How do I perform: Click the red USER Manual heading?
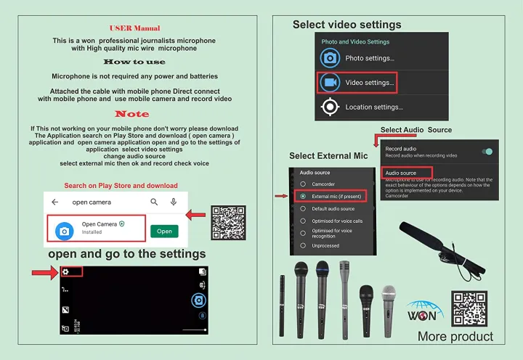coord(134,28)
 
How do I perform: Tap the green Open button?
coord(164,232)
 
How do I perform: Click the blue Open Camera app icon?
coord(65,230)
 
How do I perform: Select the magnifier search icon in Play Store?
coord(154,202)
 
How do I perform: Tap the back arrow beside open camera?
coord(55,202)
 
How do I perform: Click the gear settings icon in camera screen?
coord(65,271)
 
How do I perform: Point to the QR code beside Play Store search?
coord(228,222)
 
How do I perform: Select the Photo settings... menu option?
coord(369,58)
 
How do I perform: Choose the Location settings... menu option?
coord(373,107)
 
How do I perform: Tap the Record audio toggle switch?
coord(487,151)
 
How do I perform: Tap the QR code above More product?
coord(469,308)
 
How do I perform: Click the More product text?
coord(455,337)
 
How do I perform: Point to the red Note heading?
coord(132,114)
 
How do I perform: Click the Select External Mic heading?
coord(328,156)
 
